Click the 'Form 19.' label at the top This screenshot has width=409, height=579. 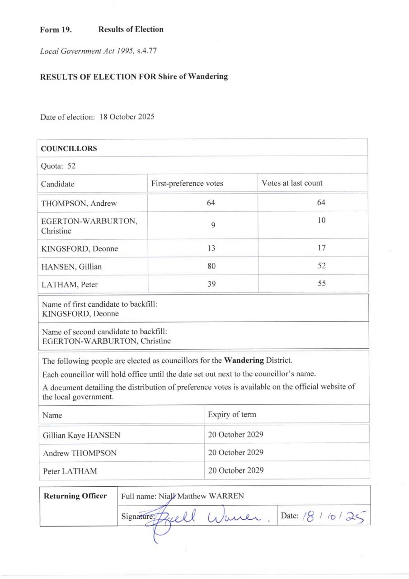point(56,30)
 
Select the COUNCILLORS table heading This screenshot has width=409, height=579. point(69,148)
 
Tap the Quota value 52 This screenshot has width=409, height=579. point(71,166)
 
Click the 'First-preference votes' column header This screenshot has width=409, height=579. point(187,184)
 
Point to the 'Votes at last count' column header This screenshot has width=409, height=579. point(292,183)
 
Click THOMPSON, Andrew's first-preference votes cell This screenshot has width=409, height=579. point(211,203)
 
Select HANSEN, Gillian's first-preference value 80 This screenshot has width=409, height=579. point(211,266)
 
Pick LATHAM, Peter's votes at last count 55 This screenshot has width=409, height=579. point(321,284)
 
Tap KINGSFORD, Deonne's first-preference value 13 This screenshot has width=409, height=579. point(211,248)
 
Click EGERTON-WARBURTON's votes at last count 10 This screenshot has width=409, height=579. point(321,221)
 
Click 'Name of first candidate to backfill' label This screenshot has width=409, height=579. point(99,304)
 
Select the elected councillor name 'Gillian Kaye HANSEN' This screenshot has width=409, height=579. point(81,436)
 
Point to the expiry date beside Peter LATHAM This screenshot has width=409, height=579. point(235,470)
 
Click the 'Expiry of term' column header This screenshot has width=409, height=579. point(232,415)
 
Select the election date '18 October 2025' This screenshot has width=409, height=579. point(127,117)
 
